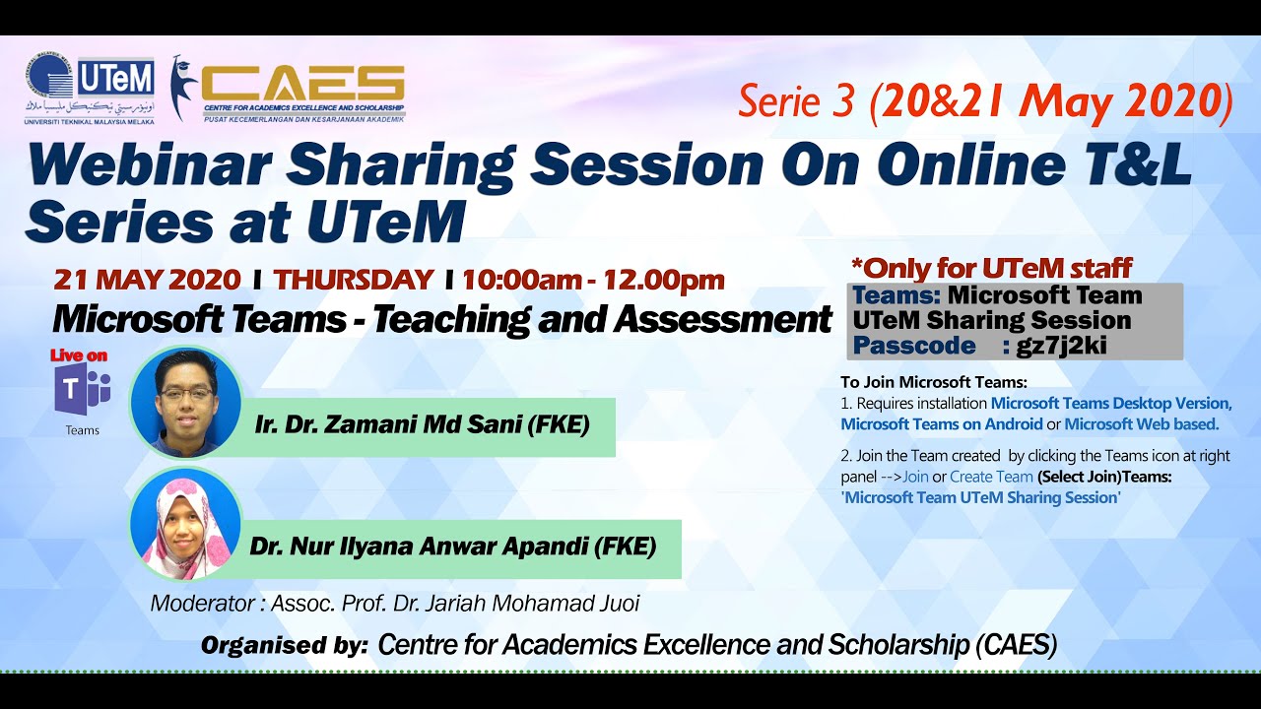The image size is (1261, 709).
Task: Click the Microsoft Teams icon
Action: (83, 391)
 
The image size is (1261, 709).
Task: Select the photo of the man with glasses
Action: (185, 401)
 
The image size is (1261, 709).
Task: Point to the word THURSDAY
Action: (354, 280)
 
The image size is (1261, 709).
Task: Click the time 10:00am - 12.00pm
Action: (593, 280)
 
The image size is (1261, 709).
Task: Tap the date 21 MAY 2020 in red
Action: (147, 280)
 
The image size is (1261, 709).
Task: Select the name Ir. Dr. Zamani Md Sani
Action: (422, 425)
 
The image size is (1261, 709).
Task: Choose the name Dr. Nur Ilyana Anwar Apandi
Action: (453, 547)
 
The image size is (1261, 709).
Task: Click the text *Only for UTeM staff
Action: (990, 267)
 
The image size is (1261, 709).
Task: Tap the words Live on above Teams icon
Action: (79, 355)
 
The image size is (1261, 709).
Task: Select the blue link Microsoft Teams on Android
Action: (941, 424)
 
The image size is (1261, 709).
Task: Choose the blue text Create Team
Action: (991, 477)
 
